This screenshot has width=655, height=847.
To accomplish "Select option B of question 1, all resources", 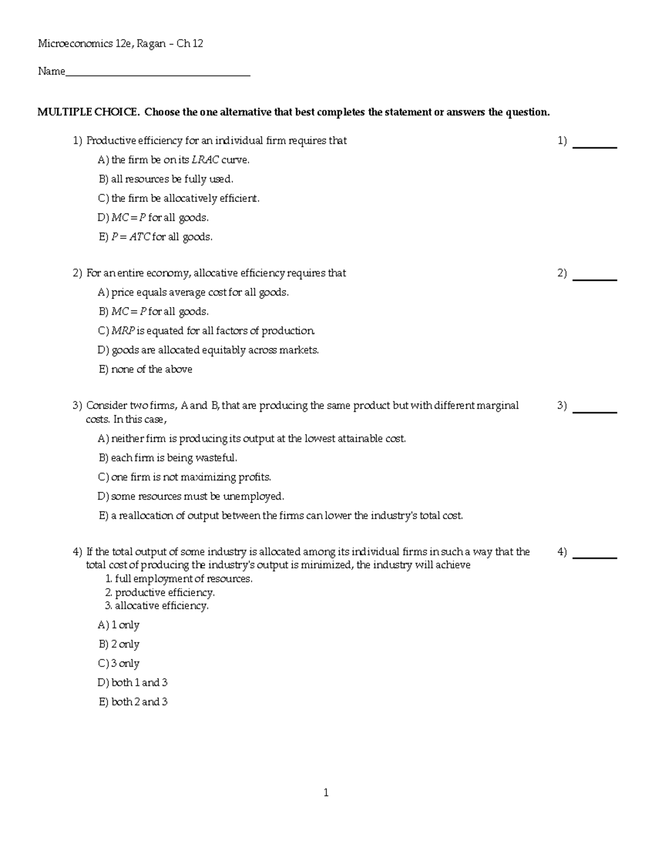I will pyautogui.click(x=166, y=179).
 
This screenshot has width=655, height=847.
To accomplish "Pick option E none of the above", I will pyautogui.click(x=146, y=369).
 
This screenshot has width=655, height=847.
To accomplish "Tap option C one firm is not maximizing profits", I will pyautogui.click(x=184, y=477).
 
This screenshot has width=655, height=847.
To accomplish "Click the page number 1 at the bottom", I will pyautogui.click(x=326, y=793).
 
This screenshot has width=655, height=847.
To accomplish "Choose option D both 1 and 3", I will pyautogui.click(x=133, y=683).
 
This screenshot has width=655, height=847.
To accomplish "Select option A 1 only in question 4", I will pyautogui.click(x=119, y=625).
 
